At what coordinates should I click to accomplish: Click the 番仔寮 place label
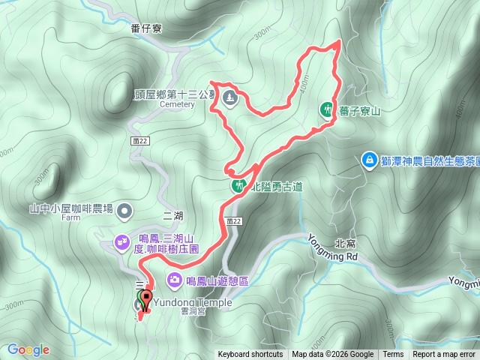[146, 29]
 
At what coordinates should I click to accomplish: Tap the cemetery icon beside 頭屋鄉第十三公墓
[229, 98]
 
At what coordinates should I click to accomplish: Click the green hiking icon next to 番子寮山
[327, 110]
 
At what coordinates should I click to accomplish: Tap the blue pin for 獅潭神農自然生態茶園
[369, 159]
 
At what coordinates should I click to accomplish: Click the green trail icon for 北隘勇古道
[238, 185]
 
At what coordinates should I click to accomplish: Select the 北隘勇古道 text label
[276, 187]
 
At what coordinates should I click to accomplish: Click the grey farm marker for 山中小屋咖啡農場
[124, 210]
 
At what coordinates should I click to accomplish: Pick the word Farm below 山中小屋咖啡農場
[71, 220]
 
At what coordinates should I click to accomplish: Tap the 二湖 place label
[172, 215]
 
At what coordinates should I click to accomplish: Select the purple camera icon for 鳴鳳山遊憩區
[174, 280]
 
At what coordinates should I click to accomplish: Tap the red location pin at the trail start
[145, 299]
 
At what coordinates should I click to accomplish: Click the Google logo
[28, 349]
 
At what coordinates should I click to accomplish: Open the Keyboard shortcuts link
[250, 355]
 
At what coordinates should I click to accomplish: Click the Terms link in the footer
[393, 355]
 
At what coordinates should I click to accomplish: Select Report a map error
[445, 355]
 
